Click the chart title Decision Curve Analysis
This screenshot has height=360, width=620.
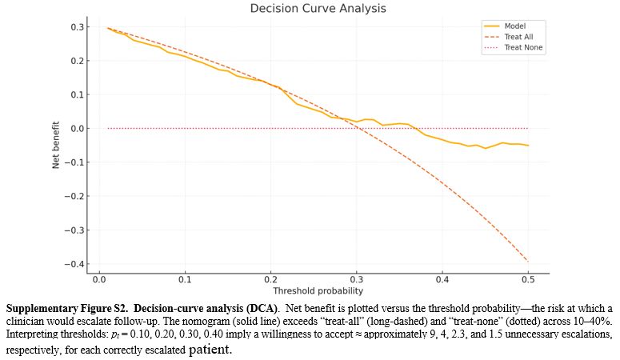318,9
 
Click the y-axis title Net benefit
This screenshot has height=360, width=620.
57,145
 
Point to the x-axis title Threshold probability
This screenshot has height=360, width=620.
318,291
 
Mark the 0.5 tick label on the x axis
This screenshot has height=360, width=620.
528,280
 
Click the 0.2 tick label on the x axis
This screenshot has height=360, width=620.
270,280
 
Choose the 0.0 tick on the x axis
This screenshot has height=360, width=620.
99,280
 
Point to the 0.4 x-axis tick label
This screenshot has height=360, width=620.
442,280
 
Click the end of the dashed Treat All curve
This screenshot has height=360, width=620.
528,261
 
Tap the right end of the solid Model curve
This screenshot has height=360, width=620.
528,146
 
